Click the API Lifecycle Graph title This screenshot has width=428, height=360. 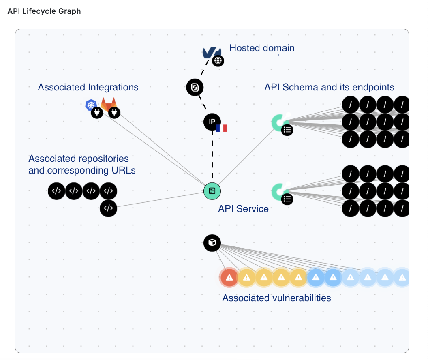(44, 11)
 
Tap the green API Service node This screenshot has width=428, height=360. (212, 191)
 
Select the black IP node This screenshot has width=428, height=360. (212, 122)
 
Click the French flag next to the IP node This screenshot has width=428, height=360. (222, 128)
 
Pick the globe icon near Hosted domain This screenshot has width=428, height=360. (218, 61)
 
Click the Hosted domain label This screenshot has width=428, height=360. (262, 48)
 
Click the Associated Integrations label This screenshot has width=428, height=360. (88, 87)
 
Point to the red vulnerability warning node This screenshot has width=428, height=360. (229, 277)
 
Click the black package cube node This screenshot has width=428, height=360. (212, 243)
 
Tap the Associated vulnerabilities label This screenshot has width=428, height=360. (276, 298)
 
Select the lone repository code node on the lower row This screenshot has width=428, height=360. (108, 208)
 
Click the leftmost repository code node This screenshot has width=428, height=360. (56, 191)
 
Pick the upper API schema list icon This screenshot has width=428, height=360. (287, 130)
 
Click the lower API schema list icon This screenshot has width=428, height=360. (287, 199)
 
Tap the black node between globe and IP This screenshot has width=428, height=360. (195, 87)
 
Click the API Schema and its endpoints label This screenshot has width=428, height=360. (329, 87)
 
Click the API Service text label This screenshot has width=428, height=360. (243, 209)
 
